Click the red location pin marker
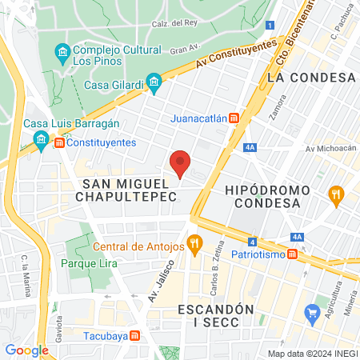coord(181,163)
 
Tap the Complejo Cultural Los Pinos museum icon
coord(62,53)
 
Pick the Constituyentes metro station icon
coord(59,143)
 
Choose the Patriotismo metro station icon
coord(293,254)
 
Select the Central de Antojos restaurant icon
coord(193,242)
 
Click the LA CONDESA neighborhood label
coord(311,77)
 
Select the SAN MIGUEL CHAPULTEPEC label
coord(129,192)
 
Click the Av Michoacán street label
coord(330,149)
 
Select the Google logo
coord(26,350)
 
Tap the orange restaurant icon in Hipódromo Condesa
coord(336,193)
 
